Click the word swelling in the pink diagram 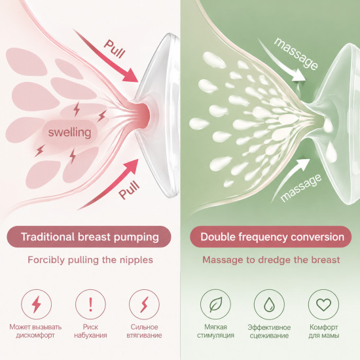[x=69, y=132]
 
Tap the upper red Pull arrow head [x=131, y=75]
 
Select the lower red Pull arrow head [x=132, y=166]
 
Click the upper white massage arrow [x=282, y=61]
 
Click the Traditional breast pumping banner [x=89, y=237]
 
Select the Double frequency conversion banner [x=271, y=237]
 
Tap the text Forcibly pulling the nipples [x=90, y=260]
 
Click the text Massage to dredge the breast [x=271, y=260]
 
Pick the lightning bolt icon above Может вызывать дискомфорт [x=36, y=304]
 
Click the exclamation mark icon [x=90, y=304]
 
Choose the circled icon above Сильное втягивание [x=144, y=304]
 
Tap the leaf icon [x=215, y=304]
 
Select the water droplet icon [x=269, y=304]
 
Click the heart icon [x=323, y=304]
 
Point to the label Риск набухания [x=90, y=331]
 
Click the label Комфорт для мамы [x=324, y=331]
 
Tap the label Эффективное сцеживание [x=269, y=331]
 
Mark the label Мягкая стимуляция [x=215, y=331]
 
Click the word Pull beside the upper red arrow [x=115, y=48]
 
